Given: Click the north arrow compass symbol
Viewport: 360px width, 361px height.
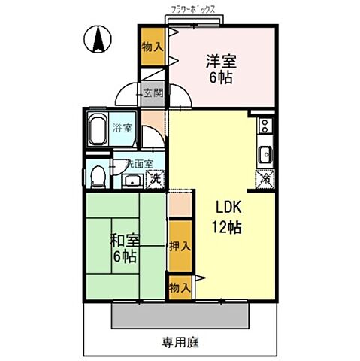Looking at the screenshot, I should (98, 40).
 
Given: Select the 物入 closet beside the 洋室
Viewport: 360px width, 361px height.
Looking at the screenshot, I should (152, 47).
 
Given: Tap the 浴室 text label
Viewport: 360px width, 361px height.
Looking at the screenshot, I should (123, 128).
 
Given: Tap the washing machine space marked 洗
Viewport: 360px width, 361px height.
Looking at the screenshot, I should (154, 180).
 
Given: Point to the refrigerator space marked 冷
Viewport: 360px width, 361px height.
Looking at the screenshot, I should (265, 180).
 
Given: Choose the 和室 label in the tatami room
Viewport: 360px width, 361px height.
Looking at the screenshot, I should (125, 241).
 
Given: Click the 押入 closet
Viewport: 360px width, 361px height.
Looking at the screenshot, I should (179, 245).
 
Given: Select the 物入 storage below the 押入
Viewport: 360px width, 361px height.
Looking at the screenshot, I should (179, 287).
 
